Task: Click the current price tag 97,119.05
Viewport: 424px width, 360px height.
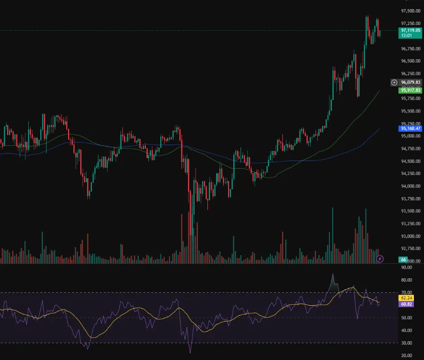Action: [411, 30]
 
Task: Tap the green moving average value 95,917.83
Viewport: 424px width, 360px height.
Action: [411, 90]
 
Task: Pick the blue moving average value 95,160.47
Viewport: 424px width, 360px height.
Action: [411, 128]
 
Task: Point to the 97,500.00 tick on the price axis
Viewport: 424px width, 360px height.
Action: [411, 11]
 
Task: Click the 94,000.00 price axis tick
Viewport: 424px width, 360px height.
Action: [411, 186]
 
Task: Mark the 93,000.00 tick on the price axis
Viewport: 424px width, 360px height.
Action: [411, 236]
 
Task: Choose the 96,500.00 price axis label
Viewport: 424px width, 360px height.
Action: [411, 61]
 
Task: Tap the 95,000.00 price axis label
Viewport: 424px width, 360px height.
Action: [411, 136]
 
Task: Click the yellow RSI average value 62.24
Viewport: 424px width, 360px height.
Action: [406, 298]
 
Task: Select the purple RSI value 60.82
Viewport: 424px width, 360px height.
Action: [406, 304]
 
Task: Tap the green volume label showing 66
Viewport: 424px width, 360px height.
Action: [404, 260]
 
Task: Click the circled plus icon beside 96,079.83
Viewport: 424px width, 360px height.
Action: [394, 82]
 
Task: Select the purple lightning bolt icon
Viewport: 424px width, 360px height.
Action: [380, 259]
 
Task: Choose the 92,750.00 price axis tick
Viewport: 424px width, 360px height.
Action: [411, 248]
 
